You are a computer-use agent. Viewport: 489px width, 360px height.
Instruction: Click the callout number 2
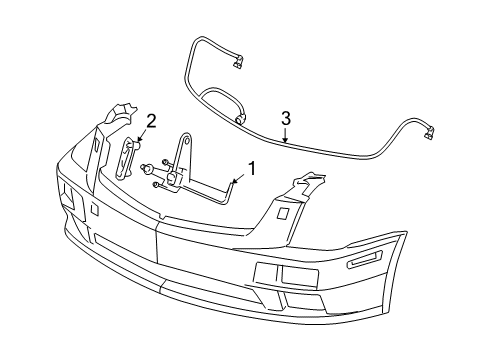tap(151, 121)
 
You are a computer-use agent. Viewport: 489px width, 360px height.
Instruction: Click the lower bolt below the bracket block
tap(158, 185)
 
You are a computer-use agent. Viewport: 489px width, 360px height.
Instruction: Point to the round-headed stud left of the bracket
tap(146, 167)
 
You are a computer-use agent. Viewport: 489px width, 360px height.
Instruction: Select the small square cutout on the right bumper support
tap(284, 213)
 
